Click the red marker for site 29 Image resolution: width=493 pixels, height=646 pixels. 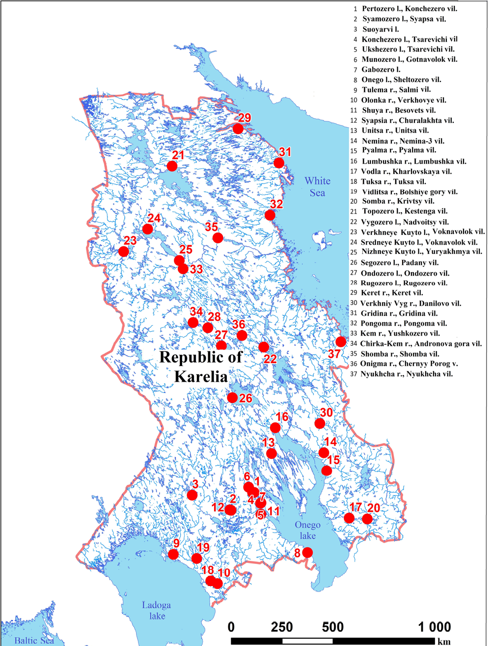pos(238,129)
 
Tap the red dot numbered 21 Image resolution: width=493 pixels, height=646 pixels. pos(172,166)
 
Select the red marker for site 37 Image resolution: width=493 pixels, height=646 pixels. pos(340,342)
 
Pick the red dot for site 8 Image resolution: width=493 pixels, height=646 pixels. pos(307,552)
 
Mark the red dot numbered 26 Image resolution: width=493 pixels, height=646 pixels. pos(233,397)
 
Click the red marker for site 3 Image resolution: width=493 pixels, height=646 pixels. pos(192,495)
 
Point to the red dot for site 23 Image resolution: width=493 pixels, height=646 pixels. pos(124,252)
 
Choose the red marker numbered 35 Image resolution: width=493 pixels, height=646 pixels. pos(218,238)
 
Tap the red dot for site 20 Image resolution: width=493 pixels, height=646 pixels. pos(367,519)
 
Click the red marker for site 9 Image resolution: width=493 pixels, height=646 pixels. pos(173,554)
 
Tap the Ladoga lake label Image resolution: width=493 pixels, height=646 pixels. pos(157,610)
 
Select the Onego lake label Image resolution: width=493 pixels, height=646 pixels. pos(307,530)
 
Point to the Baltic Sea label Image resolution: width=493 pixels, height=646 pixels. pos(34,640)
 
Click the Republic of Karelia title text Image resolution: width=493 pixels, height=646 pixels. pos(201,366)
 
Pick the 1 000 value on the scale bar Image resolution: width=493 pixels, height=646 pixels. pos(435,627)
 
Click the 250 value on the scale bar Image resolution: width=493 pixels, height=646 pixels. pos(282,627)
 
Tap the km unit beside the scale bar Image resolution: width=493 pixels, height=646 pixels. pos(444,642)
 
